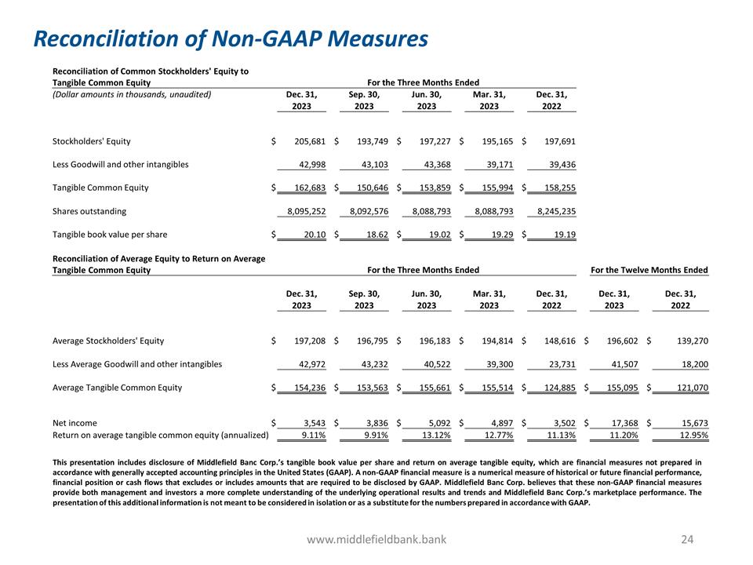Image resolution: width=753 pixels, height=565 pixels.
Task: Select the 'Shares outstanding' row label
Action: [89, 212]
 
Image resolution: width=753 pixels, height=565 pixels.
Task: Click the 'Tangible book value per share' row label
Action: [109, 235]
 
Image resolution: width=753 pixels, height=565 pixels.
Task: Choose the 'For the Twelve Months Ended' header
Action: [649, 270]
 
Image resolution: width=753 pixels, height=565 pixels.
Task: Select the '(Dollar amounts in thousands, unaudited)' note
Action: [131, 94]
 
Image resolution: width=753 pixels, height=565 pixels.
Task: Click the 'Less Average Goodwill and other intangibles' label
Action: [136, 364]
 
